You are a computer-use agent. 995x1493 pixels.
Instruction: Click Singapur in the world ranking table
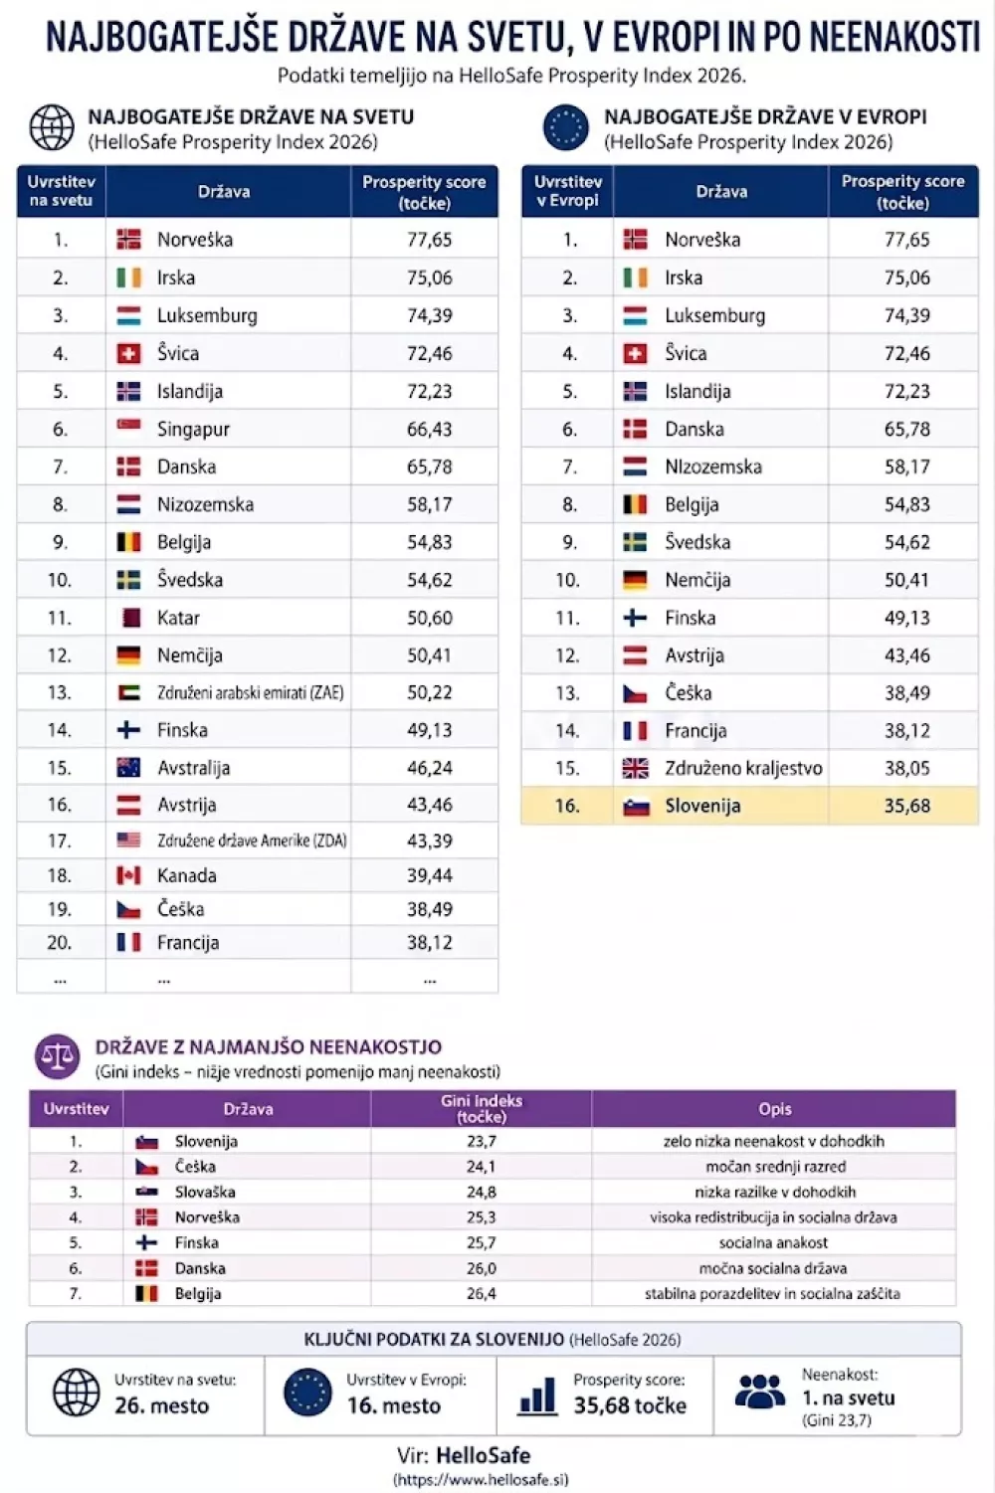[x=193, y=429]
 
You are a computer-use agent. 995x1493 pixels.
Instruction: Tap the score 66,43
[x=429, y=429]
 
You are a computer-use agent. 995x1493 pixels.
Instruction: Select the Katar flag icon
[x=129, y=618]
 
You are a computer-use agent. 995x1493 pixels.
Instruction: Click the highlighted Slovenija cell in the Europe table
[x=702, y=806]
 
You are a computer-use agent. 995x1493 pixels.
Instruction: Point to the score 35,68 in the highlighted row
[x=906, y=806]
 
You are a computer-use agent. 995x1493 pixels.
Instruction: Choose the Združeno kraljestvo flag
[x=635, y=768]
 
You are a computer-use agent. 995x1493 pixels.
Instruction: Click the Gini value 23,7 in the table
[x=481, y=1141]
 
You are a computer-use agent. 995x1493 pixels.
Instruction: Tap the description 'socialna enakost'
[x=773, y=1242]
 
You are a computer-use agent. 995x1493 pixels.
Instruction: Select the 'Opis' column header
[x=774, y=1109]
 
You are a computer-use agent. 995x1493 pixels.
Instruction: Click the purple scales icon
[x=58, y=1055]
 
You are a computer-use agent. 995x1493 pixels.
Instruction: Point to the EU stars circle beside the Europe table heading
[x=566, y=128]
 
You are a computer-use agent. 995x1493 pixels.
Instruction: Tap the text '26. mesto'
[x=161, y=1405]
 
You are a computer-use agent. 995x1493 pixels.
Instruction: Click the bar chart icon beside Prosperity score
[x=537, y=1396]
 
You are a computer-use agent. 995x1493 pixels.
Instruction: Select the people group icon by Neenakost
[x=760, y=1391]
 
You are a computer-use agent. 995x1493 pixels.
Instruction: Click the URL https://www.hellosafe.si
[x=482, y=1479]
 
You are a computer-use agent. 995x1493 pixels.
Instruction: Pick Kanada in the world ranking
[x=186, y=875]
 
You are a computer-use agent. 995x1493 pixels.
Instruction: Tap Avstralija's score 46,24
[x=429, y=768]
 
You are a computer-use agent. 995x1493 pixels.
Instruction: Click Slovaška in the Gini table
[x=205, y=1192]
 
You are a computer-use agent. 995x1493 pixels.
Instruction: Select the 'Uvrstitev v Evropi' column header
[x=567, y=191]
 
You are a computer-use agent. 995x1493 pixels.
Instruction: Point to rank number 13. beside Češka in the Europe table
[x=567, y=693]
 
